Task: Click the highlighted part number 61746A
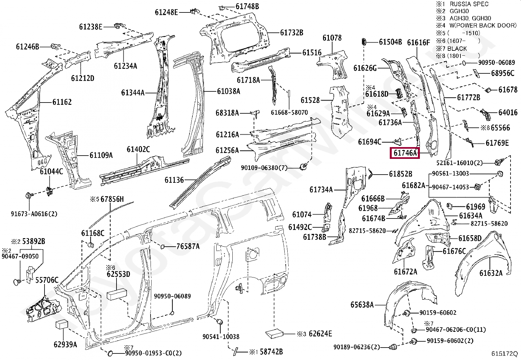click(405, 153)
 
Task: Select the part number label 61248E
click(166, 12)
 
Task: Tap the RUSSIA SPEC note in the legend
click(469, 4)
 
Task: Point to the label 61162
click(62, 102)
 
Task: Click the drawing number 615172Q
click(504, 354)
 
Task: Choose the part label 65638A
click(362, 305)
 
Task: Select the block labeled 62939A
click(62, 324)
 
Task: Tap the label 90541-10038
click(221, 337)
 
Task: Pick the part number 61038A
click(228, 91)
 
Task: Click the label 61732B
click(292, 33)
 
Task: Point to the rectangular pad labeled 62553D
click(117, 294)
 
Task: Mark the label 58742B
click(271, 352)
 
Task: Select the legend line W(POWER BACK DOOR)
click(483, 26)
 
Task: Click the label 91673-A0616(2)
click(34, 214)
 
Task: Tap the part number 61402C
click(138, 150)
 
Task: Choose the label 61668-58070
click(289, 112)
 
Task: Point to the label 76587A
click(188, 246)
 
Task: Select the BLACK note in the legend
click(457, 48)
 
